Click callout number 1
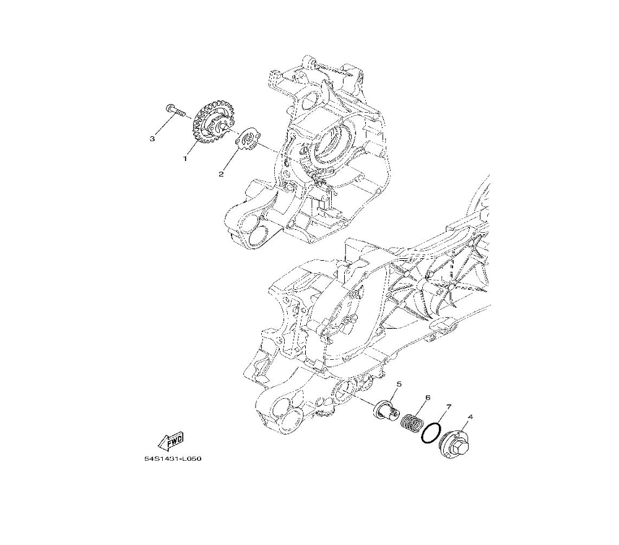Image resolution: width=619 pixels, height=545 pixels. coord(184,158)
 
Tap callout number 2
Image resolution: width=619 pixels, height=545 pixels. coord(221,174)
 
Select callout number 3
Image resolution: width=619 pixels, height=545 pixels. coord(152,139)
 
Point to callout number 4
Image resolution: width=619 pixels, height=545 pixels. coord(470,416)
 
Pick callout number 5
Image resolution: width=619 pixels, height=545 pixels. coord(399,384)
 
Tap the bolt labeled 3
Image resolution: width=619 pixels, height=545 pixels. coord(176,110)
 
